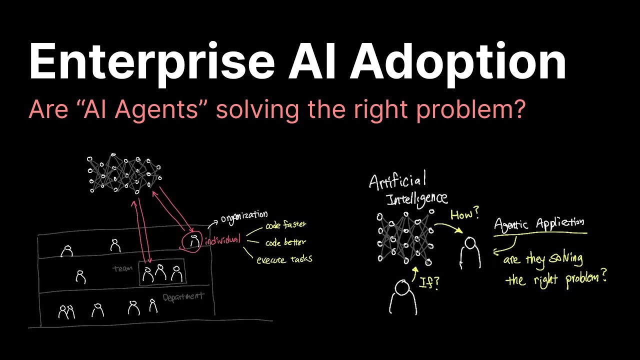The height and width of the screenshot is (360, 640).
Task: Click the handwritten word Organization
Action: click(x=244, y=216)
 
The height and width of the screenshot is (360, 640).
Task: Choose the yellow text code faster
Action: click(x=285, y=225)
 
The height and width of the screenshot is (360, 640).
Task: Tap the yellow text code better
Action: click(x=285, y=242)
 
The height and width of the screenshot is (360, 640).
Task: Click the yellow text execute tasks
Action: click(x=284, y=259)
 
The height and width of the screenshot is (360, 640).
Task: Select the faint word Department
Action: click(x=183, y=297)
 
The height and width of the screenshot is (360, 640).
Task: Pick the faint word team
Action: click(x=122, y=268)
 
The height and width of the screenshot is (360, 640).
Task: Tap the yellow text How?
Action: click(x=464, y=215)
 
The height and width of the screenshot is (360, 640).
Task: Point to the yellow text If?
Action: click(x=429, y=283)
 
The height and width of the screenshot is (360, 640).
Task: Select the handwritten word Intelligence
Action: click(x=417, y=199)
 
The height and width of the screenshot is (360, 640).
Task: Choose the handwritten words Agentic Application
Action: click(x=538, y=223)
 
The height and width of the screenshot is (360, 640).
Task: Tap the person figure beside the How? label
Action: click(x=470, y=252)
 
